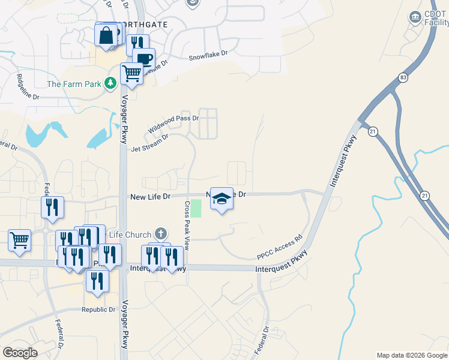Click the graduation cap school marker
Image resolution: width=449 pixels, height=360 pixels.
pyautogui.click(x=221, y=199)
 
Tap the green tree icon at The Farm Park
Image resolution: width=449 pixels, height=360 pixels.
pyautogui.click(x=110, y=83)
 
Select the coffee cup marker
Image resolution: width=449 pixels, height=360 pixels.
pyautogui.click(x=143, y=59)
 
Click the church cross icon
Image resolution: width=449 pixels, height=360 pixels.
pyautogui.click(x=160, y=233)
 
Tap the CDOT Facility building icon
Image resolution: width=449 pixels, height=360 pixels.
pyautogui.click(x=415, y=18)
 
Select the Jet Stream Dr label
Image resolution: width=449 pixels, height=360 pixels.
pyautogui.click(x=149, y=143)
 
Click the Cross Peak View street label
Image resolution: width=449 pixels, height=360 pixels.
pyautogui.click(x=187, y=226)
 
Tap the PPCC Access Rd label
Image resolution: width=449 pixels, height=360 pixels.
pyautogui.click(x=279, y=247)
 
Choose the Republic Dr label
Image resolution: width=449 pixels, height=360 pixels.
pyautogui.click(x=98, y=310)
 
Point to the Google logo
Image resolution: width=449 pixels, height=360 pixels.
pyautogui.click(x=20, y=352)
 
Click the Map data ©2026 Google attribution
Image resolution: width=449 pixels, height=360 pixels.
pyautogui.click(x=412, y=355)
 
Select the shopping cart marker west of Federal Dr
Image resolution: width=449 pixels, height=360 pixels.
pyautogui.click(x=19, y=240)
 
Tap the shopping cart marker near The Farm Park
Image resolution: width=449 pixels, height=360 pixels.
pyautogui.click(x=131, y=74)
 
